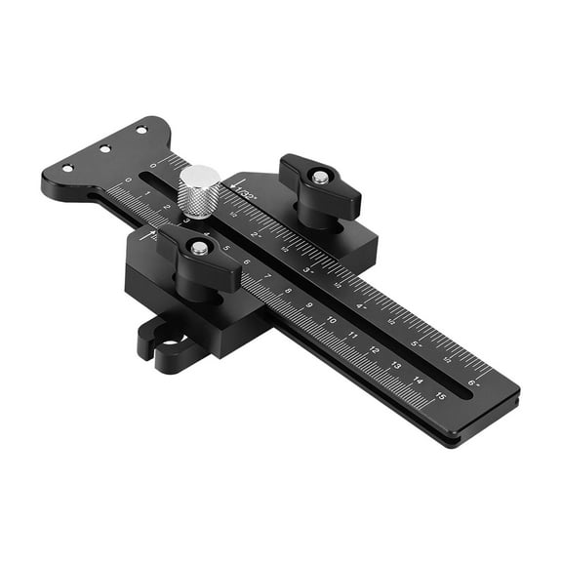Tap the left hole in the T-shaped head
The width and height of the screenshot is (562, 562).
67,168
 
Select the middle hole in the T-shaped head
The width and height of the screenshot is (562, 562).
104,148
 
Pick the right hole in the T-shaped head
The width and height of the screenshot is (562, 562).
141,129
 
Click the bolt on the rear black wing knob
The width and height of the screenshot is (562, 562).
320,178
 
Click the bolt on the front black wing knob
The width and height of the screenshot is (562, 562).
199,249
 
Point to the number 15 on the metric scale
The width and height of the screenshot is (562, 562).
441,396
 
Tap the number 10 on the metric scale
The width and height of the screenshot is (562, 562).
332,320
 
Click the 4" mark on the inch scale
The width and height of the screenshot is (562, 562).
361,305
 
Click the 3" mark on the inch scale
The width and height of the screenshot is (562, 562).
308,269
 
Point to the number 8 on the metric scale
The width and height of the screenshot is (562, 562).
289,291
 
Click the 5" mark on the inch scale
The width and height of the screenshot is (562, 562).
417,343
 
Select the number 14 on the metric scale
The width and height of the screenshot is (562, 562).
419,381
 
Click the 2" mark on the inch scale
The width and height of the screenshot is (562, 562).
258,235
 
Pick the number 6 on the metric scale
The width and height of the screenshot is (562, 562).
246,261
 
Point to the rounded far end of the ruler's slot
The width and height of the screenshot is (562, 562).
147,177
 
